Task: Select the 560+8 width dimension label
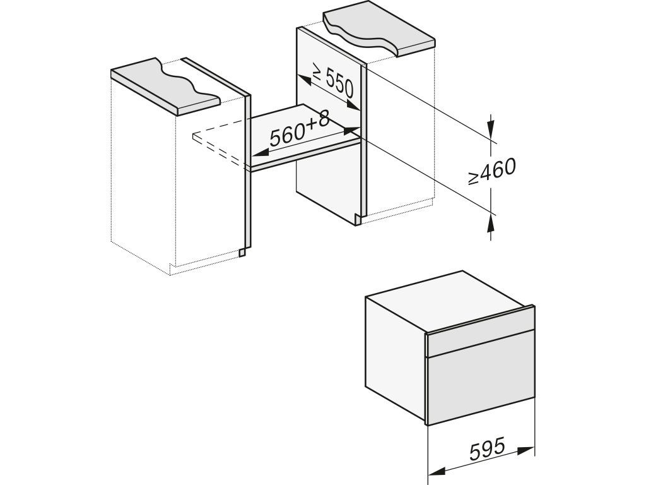click(300, 130)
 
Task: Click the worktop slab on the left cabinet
click(165, 86)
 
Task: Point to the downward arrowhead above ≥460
click(490, 126)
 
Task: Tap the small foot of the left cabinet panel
click(244, 251)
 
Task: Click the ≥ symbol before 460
click(473, 177)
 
